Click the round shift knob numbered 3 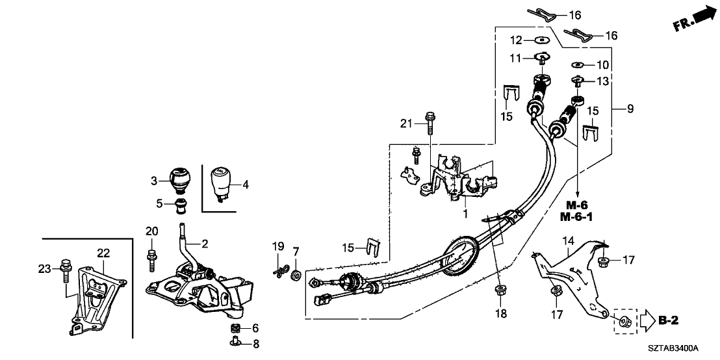pyautogui.click(x=180, y=180)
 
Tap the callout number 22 pyautogui.click(x=104, y=253)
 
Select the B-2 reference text pyautogui.click(x=669, y=321)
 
